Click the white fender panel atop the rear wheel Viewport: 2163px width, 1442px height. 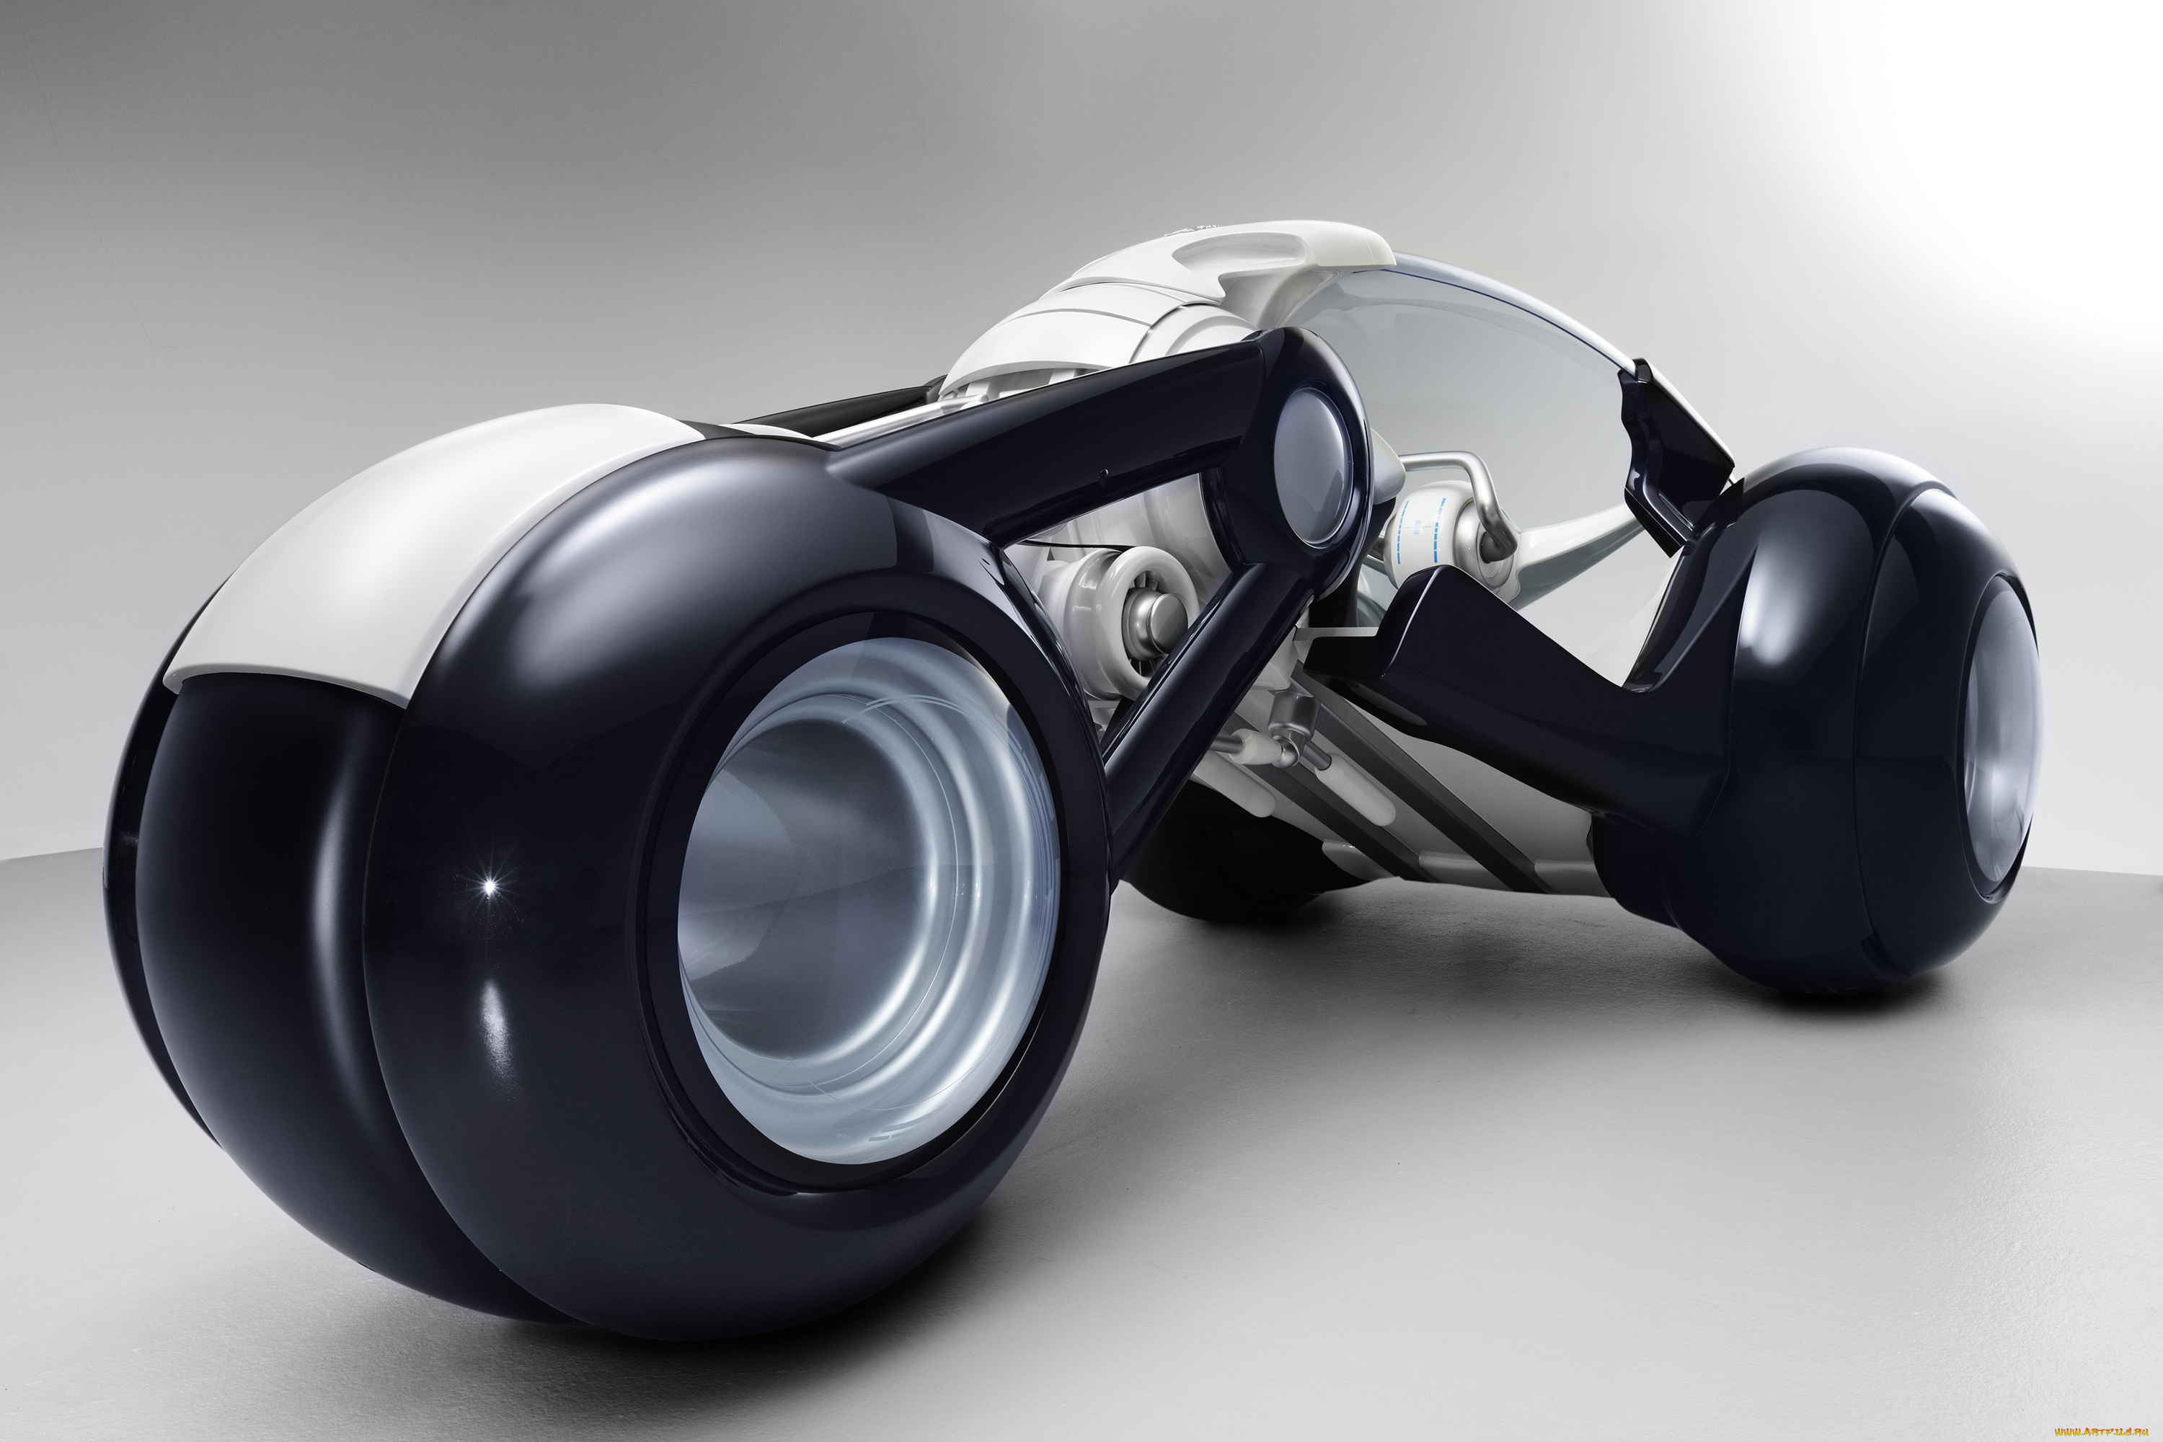click(x=386, y=552)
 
